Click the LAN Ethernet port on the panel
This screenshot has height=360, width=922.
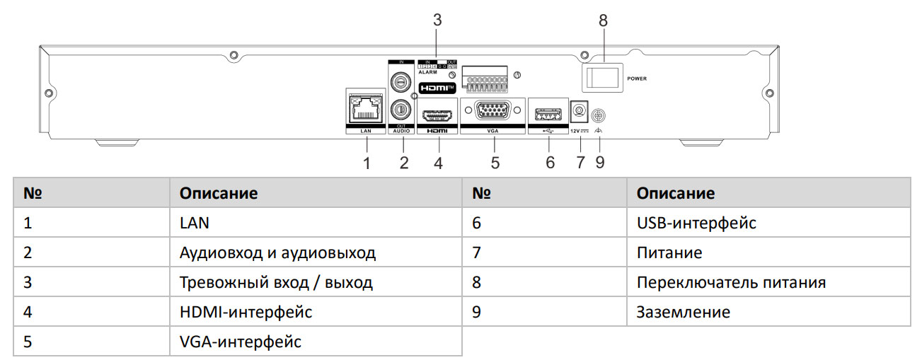point(365,110)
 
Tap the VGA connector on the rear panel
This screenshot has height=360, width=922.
point(492,112)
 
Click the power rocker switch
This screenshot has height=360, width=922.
point(602,77)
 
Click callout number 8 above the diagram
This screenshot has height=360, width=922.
point(603,21)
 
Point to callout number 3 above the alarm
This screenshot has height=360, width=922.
point(437,21)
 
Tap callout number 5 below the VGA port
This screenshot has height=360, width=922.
point(495,163)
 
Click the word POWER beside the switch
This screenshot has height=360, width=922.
point(637,78)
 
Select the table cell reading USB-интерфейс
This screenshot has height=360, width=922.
point(696,223)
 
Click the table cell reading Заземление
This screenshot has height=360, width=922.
point(683,312)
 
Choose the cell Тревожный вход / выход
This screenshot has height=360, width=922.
point(276,283)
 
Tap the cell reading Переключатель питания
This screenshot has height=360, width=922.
point(731,283)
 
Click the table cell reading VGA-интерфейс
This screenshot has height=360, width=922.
point(241,342)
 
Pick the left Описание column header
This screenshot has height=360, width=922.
point(218,193)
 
